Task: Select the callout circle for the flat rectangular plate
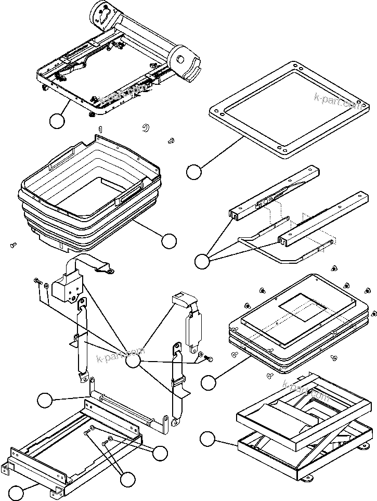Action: click(x=194, y=172)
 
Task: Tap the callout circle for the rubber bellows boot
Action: click(x=169, y=241)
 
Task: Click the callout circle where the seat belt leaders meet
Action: click(x=134, y=361)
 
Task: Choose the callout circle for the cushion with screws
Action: click(x=209, y=383)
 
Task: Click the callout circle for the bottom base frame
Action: click(x=17, y=492)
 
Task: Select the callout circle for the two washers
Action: click(x=160, y=453)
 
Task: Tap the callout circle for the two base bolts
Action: click(x=126, y=478)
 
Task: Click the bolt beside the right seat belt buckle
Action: click(x=210, y=358)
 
